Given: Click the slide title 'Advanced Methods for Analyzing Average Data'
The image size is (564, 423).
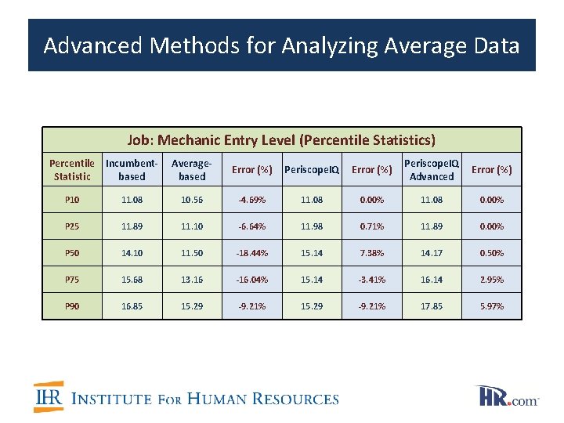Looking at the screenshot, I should pos(281,45).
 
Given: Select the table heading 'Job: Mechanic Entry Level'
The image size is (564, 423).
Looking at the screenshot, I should pos(281,140).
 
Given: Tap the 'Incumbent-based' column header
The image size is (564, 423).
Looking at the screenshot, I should pos(132,170).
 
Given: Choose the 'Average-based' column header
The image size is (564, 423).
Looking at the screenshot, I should pos(192,170).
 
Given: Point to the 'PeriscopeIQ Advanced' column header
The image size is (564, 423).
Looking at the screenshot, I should pos(431,169).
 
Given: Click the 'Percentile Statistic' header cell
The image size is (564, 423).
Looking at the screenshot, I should pos(72,170).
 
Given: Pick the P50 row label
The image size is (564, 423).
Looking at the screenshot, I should pos(72,253).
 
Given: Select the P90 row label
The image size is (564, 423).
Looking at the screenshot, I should pos(72,306).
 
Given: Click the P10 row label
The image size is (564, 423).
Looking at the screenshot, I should pos(72,200).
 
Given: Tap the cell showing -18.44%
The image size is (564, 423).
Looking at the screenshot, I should pos(251,253).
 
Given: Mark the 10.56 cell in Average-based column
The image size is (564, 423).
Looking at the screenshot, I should pos(192,200).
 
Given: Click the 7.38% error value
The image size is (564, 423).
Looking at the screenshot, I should pos(371,253).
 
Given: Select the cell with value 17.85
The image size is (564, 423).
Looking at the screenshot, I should pos(431,306).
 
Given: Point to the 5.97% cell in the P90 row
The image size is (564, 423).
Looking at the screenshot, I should pos(491,306).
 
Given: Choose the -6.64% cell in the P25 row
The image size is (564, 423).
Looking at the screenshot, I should pos(251,226).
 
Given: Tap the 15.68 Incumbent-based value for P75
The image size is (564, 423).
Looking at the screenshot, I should pos(132,280).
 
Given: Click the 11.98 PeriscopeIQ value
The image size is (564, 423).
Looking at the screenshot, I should pos(312,226).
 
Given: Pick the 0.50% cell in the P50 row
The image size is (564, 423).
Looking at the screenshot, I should pos(491,253).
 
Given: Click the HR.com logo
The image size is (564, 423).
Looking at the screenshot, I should pos(507,396).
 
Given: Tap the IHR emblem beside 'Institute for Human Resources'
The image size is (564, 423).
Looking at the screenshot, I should pos(49,397).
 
